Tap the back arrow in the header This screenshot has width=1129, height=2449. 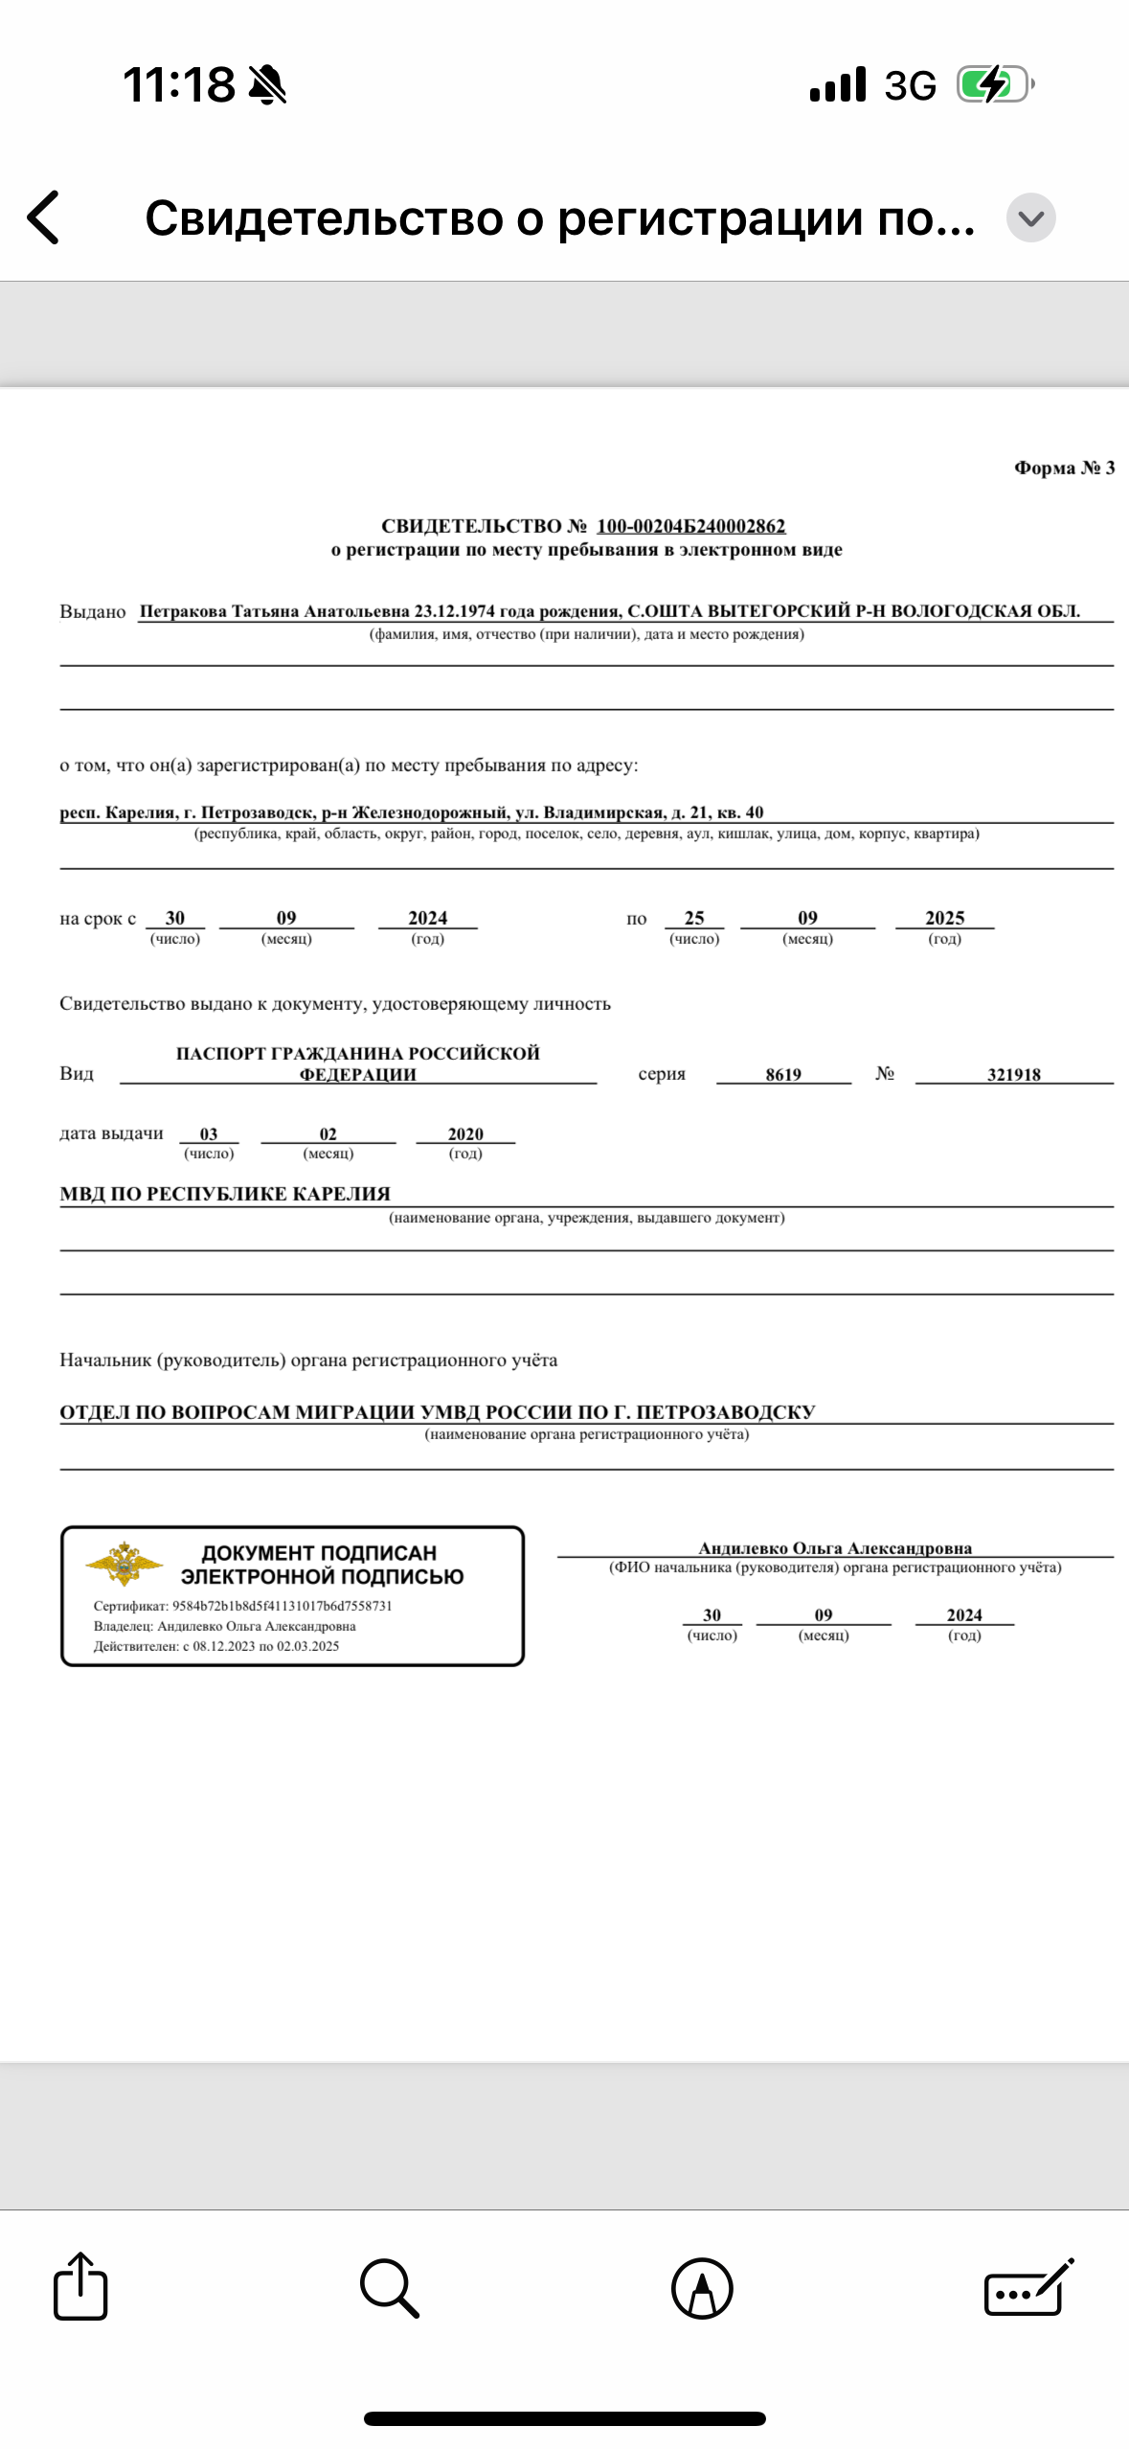(44, 217)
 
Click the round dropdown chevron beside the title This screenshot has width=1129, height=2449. (1030, 217)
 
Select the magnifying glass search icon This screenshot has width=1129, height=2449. (389, 2288)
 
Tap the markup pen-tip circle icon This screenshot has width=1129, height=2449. (702, 2288)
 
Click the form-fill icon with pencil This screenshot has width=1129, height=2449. (1028, 2288)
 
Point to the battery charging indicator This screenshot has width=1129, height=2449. (994, 84)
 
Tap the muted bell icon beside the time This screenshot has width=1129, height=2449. (267, 84)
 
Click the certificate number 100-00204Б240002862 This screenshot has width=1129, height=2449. (690, 526)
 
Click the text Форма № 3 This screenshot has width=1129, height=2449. (1064, 468)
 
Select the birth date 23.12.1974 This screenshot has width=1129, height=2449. (454, 611)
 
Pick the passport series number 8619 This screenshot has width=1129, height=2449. (783, 1074)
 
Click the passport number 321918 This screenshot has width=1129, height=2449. (1013, 1074)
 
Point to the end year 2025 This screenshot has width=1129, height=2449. (944, 918)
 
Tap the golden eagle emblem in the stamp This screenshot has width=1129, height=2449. (124, 1563)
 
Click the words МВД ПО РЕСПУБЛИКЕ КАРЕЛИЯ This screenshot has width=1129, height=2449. (225, 1194)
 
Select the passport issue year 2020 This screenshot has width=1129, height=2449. (465, 1133)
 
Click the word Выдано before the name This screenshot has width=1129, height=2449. (93, 611)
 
